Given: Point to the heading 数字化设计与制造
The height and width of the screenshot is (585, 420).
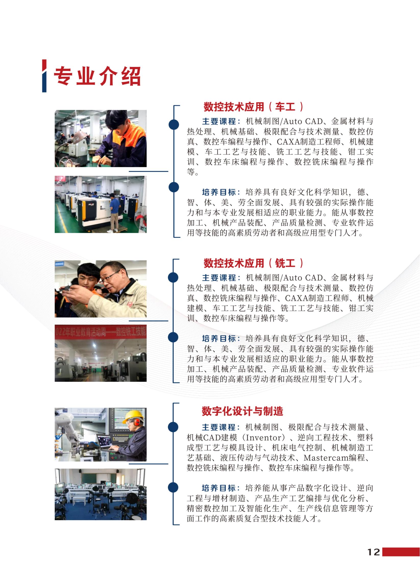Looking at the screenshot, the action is click(x=242, y=411).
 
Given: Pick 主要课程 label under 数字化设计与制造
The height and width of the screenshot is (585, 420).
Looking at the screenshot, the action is click(x=219, y=427).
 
